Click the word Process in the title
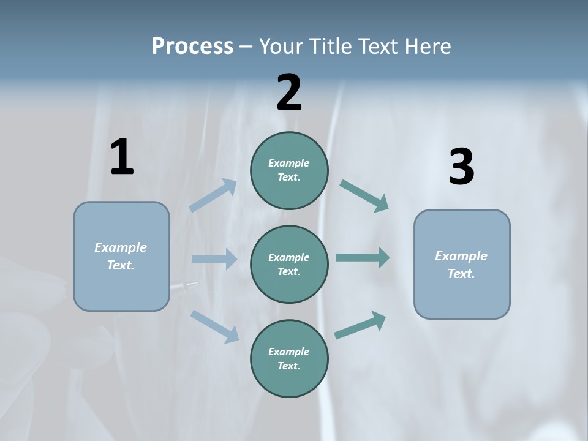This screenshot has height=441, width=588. [192, 46]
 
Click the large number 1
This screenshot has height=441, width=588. [122, 158]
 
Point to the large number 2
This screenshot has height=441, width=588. [289, 92]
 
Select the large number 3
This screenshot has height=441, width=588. [461, 167]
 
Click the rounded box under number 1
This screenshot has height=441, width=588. [121, 256]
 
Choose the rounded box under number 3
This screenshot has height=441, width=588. [462, 265]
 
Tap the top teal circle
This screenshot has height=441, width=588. [289, 170]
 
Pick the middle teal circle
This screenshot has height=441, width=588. [289, 265]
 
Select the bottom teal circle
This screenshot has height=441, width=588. [289, 359]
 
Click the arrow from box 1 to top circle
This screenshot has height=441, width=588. [213, 195]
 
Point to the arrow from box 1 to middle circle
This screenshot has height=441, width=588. [214, 259]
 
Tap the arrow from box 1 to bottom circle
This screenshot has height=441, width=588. [214, 326]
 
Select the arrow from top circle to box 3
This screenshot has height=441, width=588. [364, 196]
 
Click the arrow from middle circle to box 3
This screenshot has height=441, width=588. [363, 257]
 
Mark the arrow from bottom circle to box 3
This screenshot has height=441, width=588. [360, 325]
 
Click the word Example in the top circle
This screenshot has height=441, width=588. [288, 163]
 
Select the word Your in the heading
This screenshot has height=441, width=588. [279, 46]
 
